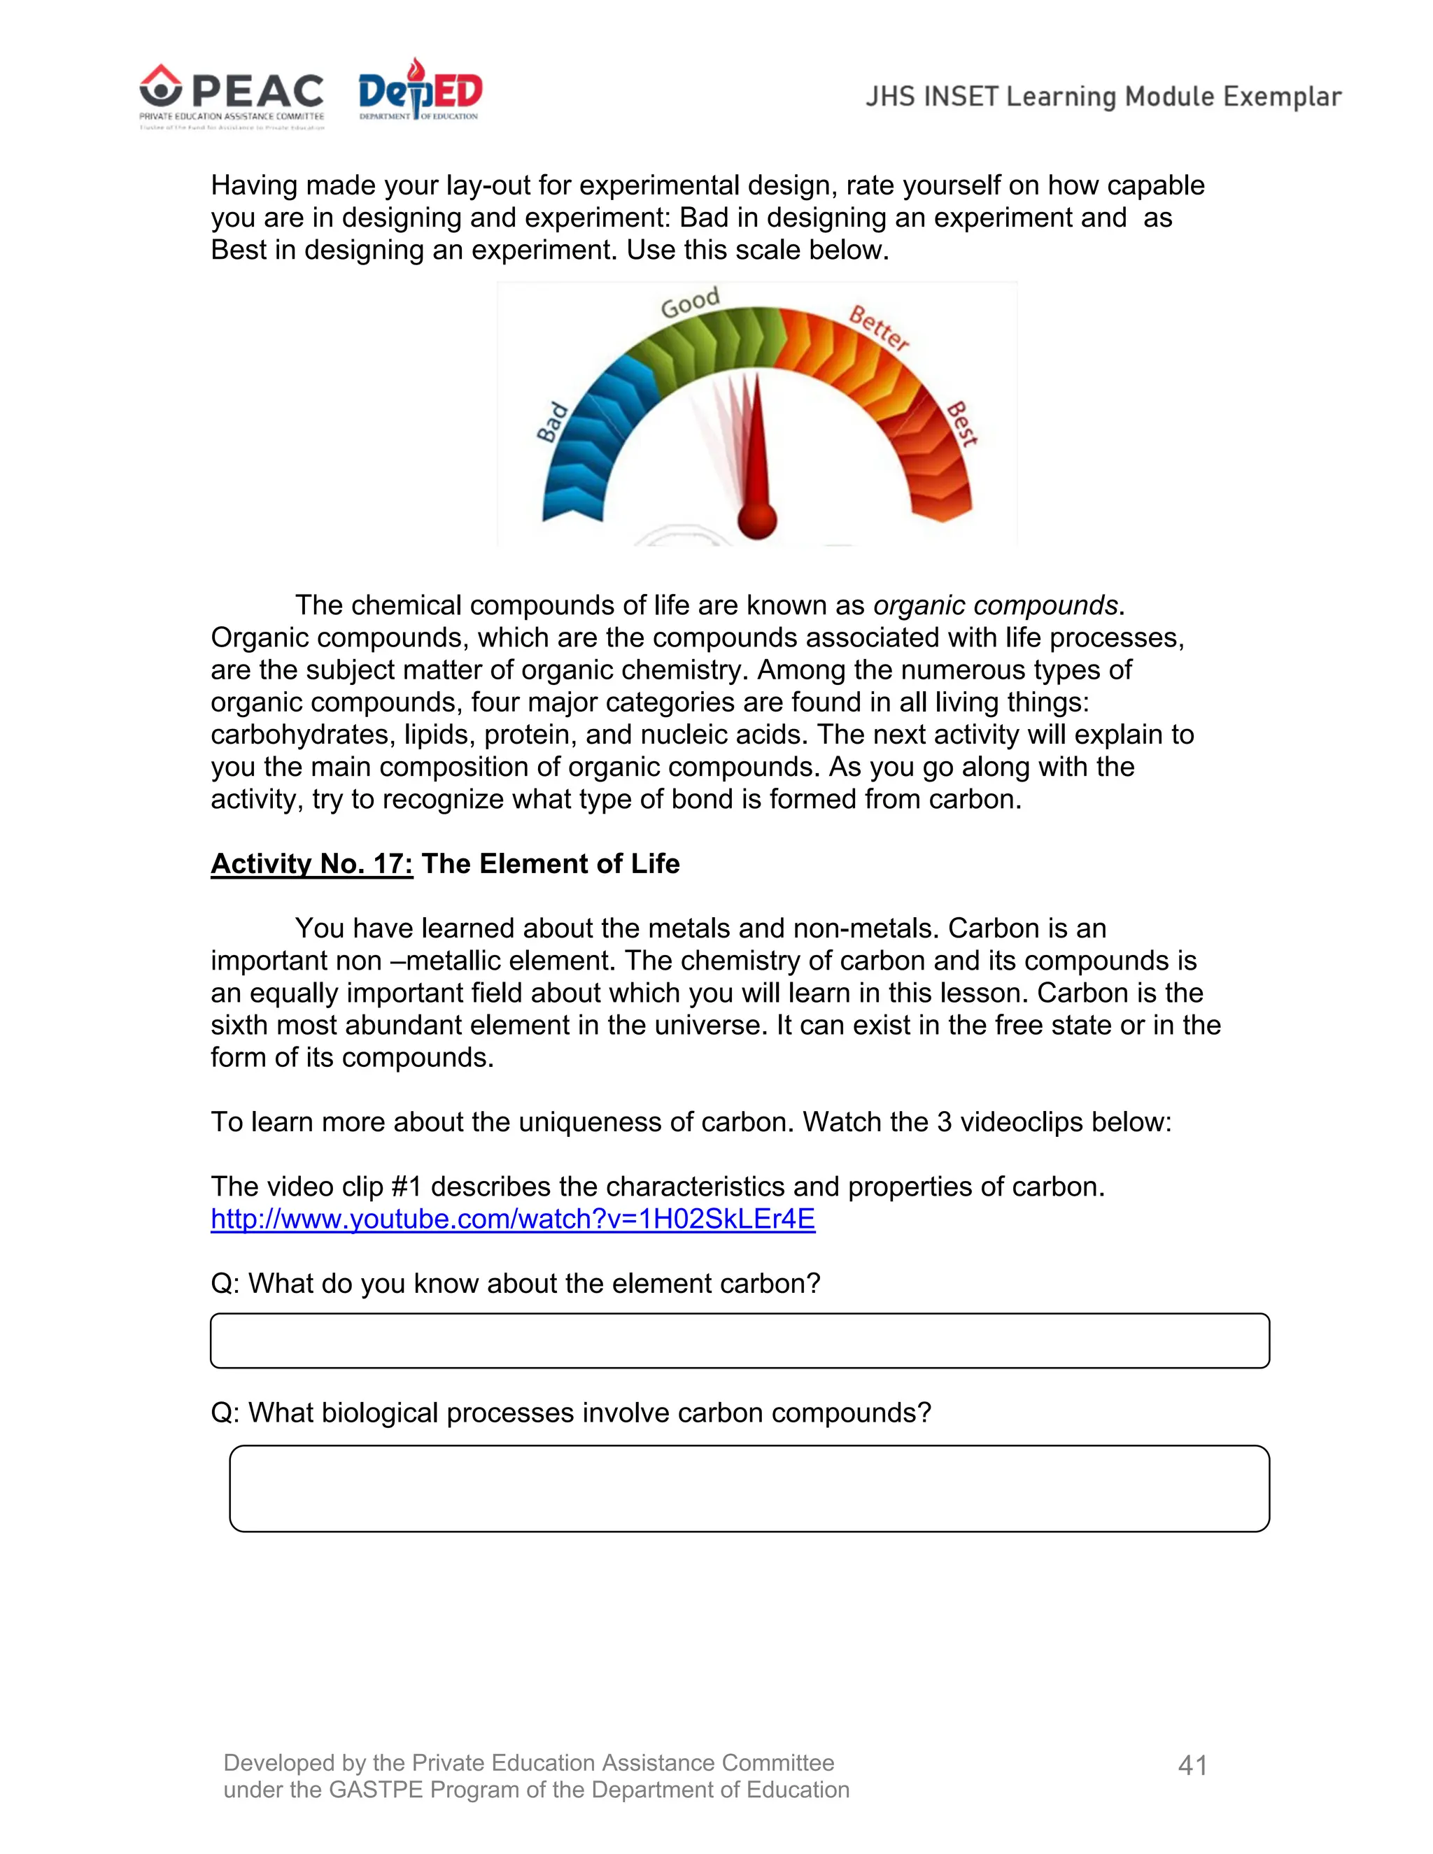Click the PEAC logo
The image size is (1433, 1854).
coord(231,95)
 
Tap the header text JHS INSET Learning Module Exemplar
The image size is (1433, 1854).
coord(1103,97)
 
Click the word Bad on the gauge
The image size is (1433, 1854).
coord(552,422)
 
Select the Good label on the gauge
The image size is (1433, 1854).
coord(689,302)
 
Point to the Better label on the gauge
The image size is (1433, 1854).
coord(880,329)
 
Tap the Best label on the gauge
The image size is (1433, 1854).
coord(962,423)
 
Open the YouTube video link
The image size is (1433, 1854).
coord(513,1219)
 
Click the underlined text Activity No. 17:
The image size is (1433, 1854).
coord(311,863)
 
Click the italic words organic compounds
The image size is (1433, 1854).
coord(995,605)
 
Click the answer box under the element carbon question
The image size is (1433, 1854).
coord(740,1340)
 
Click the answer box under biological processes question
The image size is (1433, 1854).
coord(749,1488)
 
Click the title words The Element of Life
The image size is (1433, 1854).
coord(550,863)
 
